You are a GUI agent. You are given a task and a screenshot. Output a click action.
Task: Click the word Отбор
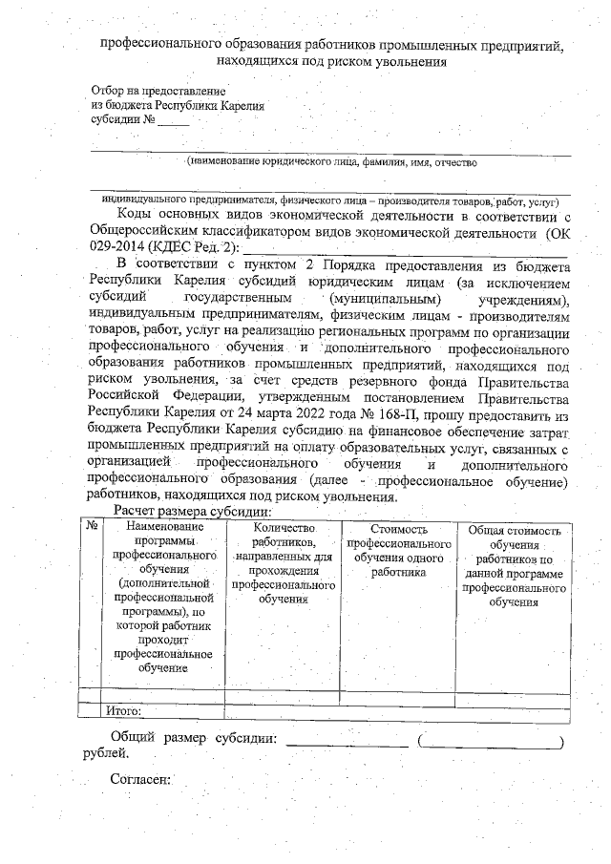108,89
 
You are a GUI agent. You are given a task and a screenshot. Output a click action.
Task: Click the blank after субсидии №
174,121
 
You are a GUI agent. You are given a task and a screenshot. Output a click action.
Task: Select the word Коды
133,217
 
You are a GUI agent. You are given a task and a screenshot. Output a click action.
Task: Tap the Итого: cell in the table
124,710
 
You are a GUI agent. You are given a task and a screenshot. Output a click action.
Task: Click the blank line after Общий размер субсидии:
348,740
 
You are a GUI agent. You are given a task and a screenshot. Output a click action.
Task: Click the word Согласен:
140,779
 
